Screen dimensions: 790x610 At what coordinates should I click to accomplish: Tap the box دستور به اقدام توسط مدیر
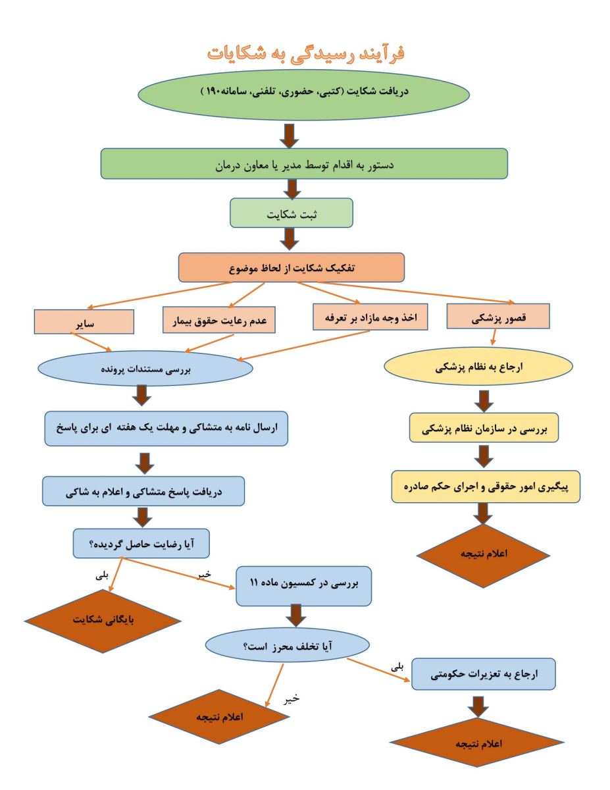(304, 163)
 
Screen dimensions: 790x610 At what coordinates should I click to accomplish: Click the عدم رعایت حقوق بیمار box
(218, 321)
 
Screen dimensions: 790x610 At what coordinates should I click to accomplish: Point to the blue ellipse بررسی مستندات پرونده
(145, 369)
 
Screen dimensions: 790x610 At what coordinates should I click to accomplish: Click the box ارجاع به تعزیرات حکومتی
(484, 673)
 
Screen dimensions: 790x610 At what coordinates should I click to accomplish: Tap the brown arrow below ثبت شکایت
(291, 238)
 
